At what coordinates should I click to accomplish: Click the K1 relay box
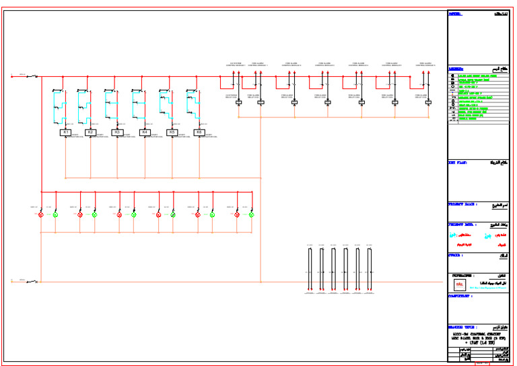66,133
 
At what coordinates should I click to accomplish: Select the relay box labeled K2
91,133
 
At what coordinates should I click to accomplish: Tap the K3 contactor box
116,133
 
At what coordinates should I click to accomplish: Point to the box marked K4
144,133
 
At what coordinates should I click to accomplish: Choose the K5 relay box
172,133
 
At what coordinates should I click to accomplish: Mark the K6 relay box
199,133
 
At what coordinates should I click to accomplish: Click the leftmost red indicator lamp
40,214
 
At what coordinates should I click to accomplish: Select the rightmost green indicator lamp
252,214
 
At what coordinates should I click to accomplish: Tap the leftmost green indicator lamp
55,214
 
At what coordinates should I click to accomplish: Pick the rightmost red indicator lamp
237,214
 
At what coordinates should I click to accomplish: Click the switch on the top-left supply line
32,76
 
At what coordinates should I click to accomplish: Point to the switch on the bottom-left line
32,281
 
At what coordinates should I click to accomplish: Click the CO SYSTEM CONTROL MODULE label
236,65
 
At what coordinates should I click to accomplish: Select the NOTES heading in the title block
456,13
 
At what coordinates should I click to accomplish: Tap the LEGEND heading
457,69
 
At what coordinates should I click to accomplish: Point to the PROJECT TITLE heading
462,204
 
